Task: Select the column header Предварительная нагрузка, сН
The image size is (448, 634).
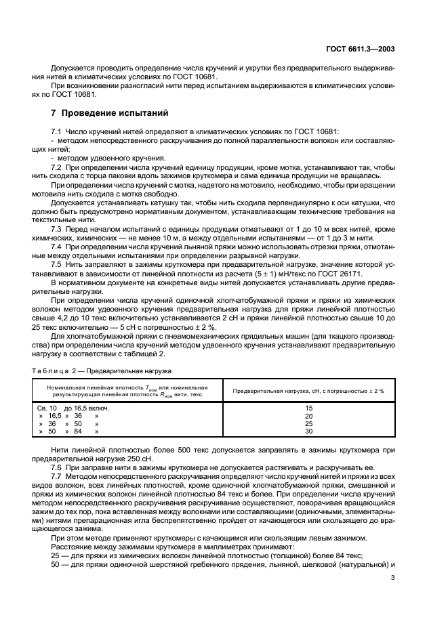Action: pyautogui.click(x=309, y=391)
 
